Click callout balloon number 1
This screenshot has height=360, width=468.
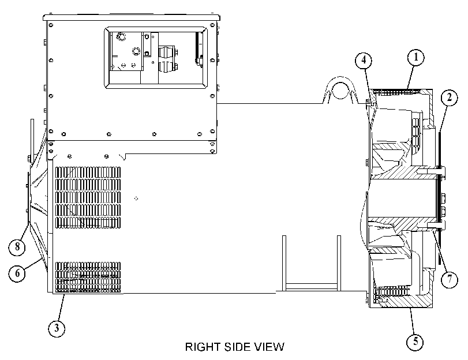416,57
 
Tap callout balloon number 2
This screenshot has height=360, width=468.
449,97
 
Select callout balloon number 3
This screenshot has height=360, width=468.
57,328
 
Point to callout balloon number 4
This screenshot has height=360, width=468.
364,61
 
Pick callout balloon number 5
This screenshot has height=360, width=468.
415,341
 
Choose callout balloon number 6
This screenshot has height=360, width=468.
17,273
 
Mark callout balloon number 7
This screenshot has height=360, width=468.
449,279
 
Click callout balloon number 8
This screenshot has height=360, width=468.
17,247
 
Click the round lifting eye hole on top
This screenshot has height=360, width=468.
340,90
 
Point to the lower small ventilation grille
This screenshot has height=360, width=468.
88,277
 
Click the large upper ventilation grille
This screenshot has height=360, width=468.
88,198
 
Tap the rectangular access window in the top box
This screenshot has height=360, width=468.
156,58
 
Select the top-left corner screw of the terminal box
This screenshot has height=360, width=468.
51,25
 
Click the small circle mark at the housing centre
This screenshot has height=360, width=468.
136,198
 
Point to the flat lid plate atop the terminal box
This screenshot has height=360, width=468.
132,17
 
